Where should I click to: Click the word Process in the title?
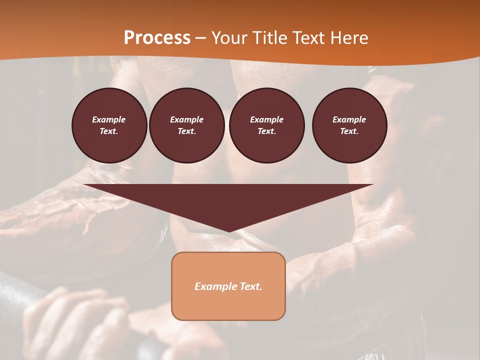(x=157, y=38)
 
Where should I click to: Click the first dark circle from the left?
(x=109, y=125)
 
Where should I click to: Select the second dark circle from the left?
(x=187, y=125)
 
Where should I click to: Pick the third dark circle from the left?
(x=267, y=125)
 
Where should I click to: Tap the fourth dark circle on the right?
(x=349, y=125)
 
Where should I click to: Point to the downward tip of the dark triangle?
(x=229, y=231)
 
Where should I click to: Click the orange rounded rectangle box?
(x=228, y=302)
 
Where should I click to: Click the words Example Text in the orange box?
(x=228, y=286)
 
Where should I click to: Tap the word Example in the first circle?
(x=109, y=119)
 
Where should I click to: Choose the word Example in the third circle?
(x=266, y=119)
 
